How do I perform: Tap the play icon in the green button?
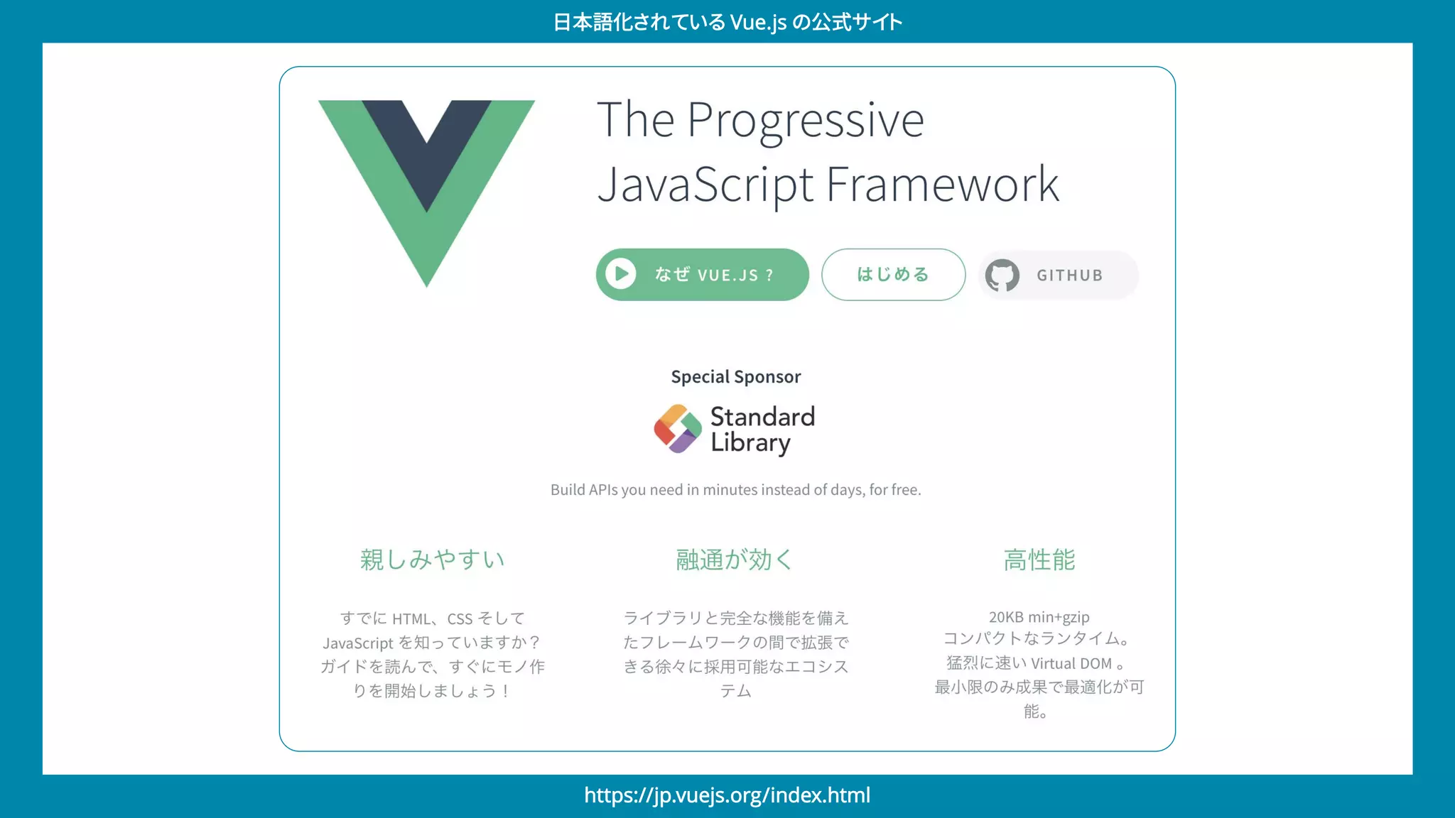tap(621, 274)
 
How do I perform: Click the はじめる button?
tap(893, 274)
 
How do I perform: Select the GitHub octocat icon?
tap(1002, 275)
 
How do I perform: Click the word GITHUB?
tap(1069, 276)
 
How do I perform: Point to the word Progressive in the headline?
tap(806, 121)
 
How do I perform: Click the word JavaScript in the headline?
tap(705, 185)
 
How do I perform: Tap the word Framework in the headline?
tap(943, 185)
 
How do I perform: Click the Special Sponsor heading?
tap(735, 377)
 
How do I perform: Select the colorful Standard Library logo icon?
tap(677, 429)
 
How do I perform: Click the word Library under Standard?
tap(750, 442)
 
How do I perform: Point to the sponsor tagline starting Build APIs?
tap(735, 490)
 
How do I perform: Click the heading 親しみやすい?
tap(432, 560)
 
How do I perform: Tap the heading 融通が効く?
tap(734, 560)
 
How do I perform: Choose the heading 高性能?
tap(1039, 560)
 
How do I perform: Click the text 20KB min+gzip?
tap(1039, 617)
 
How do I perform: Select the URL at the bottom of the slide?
tap(727, 795)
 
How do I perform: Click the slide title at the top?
tap(727, 22)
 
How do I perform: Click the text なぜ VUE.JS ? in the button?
tap(714, 275)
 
